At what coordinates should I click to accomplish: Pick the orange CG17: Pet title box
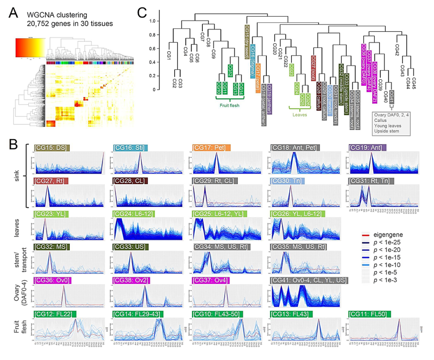pyautogui.click(x=211, y=148)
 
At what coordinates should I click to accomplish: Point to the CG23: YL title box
pyautogui.click(x=49, y=214)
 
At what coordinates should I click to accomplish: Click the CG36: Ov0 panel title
pyautogui.click(x=52, y=280)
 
